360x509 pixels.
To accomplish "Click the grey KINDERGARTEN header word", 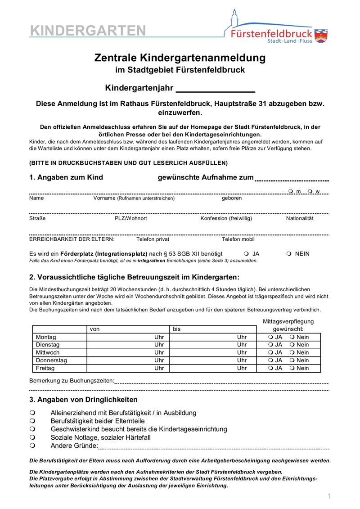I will [88, 31].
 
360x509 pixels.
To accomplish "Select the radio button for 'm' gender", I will [291, 191].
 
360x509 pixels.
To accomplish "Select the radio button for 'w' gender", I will [310, 191].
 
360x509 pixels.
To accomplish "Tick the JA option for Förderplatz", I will [246, 254].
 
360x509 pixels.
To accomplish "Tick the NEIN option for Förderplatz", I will [289, 254].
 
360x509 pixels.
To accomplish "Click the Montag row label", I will [46, 337].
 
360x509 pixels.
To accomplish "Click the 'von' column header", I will [95, 329].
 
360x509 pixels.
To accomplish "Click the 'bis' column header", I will [177, 329].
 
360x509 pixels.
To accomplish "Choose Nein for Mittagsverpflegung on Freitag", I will [292, 368].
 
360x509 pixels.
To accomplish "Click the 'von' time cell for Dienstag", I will [127, 345].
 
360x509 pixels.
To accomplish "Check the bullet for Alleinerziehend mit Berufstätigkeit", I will [32, 413].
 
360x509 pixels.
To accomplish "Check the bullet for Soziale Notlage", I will [32, 437].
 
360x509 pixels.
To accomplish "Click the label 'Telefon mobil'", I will [238, 239].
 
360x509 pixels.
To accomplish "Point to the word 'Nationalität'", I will [300, 218].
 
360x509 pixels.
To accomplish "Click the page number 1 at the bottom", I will [329, 496].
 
